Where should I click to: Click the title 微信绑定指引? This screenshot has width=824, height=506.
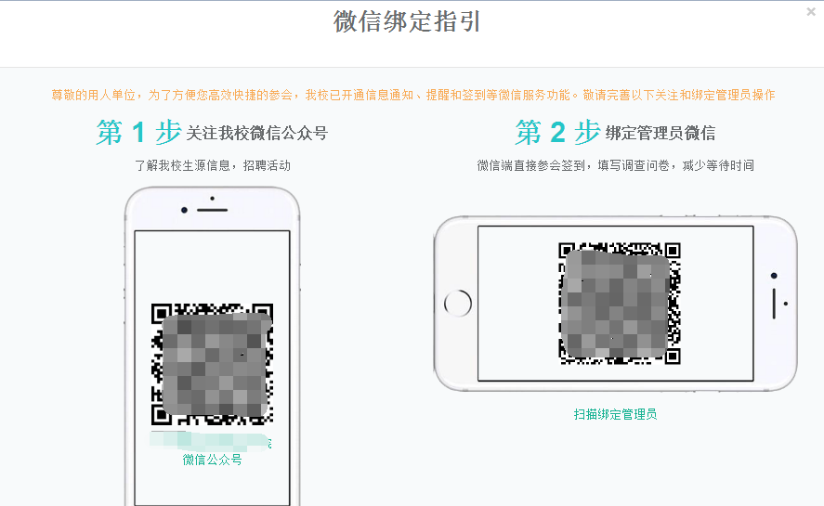click(x=407, y=21)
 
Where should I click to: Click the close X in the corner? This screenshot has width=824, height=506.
click(x=811, y=11)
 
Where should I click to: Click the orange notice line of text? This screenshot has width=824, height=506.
click(x=413, y=95)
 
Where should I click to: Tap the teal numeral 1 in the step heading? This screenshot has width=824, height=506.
click(x=138, y=132)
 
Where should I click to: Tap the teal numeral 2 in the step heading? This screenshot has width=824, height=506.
click(x=557, y=132)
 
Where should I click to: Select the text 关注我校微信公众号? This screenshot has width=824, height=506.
click(x=257, y=134)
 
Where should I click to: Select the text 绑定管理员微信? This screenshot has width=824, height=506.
click(x=661, y=134)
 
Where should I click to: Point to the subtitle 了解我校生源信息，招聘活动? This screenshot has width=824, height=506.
click(x=213, y=165)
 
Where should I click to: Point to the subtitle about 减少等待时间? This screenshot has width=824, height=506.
click(x=615, y=165)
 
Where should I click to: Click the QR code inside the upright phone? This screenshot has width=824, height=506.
click(x=213, y=364)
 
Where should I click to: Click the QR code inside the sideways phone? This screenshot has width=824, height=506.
click(x=620, y=304)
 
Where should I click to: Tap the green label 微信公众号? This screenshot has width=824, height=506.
click(x=213, y=460)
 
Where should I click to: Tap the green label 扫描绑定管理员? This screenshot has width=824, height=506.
click(x=615, y=415)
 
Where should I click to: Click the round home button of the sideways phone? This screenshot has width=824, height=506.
click(x=458, y=304)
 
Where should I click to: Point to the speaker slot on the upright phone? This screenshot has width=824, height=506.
click(x=213, y=210)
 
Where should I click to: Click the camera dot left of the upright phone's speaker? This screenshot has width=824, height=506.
click(x=184, y=210)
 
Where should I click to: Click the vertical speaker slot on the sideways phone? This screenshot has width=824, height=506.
click(x=774, y=304)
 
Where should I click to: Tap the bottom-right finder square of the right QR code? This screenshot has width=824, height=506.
click(x=673, y=357)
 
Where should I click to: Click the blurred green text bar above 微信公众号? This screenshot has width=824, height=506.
click(x=211, y=441)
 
